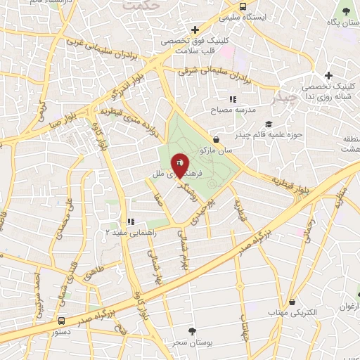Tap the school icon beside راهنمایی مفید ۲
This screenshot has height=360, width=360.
pos(130,221)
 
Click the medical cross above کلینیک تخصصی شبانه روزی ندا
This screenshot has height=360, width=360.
pos(328,76)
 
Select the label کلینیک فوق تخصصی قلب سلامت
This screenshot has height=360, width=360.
pos(191,46)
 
